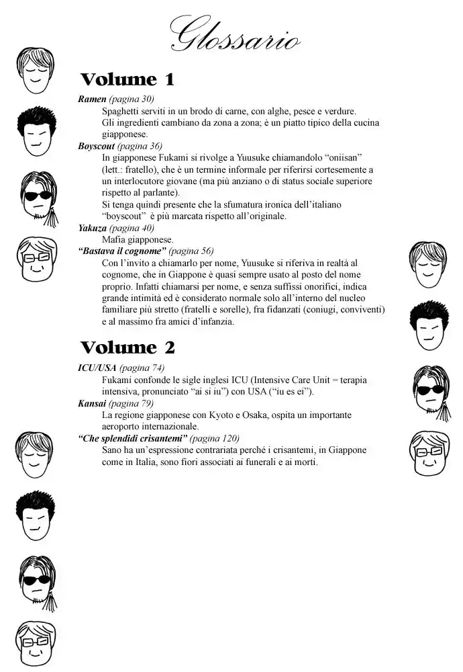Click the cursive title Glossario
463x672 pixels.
pos(234,34)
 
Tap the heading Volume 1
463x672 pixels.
pos(127,80)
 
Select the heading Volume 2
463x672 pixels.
pos(127,347)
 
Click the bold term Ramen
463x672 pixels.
pos(92,99)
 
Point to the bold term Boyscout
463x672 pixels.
pos(97,146)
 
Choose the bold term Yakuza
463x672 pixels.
pos(93,228)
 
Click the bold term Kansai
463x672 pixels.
pos(92,403)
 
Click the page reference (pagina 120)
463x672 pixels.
pos(215,438)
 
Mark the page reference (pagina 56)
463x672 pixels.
pos(191,251)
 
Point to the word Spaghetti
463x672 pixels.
pos(123,111)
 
